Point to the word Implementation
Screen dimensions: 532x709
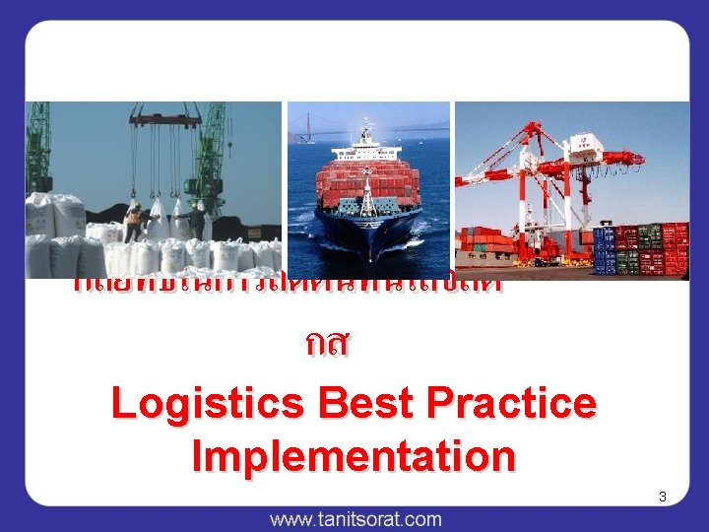[x=354, y=456]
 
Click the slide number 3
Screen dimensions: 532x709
[x=663, y=498]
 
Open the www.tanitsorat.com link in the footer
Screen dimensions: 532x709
[x=355, y=518]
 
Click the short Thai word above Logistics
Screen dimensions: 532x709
[x=328, y=344]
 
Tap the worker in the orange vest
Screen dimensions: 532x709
[x=133, y=221]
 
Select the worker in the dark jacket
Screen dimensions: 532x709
[x=197, y=222]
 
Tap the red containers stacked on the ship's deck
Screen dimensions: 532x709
[x=366, y=182]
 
